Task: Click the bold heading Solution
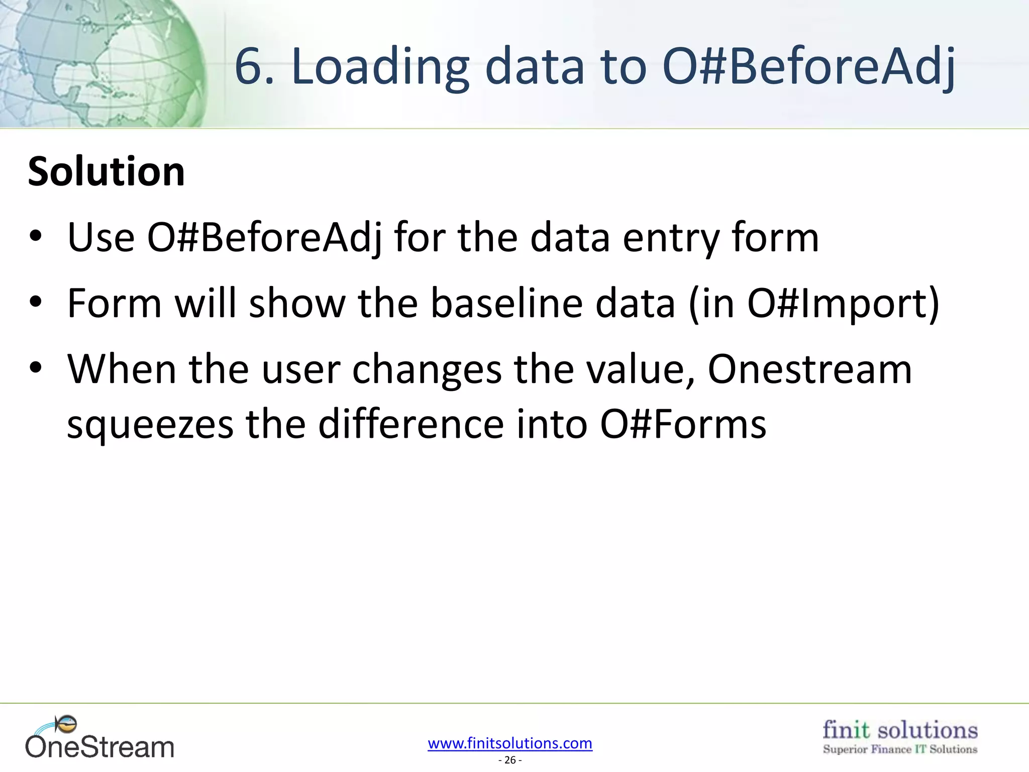pos(106,172)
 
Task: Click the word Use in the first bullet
pos(101,237)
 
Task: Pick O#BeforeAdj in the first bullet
pos(264,237)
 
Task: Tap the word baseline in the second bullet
pos(553,303)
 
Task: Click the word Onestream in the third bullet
pos(809,369)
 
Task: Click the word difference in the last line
pos(411,424)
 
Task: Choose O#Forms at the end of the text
pos(683,424)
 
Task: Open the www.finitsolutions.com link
pos(510,743)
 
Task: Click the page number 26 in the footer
pos(510,760)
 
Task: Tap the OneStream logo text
pos(100,747)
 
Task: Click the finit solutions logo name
pos(900,730)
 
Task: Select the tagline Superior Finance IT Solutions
pos(900,749)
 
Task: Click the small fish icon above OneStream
pos(67,724)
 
